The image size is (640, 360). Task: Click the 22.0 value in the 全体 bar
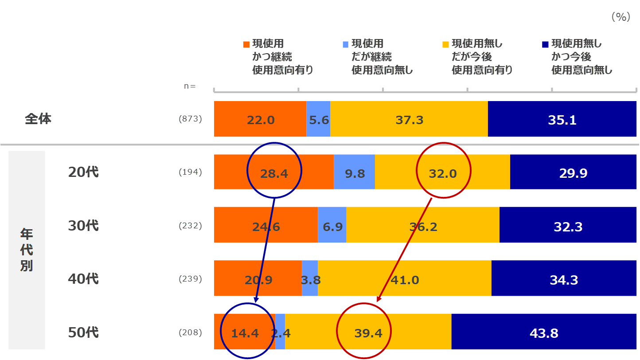coord(261,120)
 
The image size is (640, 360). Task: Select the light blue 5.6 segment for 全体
coord(319,120)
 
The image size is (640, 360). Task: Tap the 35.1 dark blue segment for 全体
coord(562,120)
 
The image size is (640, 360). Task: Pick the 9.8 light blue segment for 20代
coord(355,173)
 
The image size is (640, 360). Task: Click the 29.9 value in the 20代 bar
coord(573,173)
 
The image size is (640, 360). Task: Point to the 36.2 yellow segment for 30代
coord(423,227)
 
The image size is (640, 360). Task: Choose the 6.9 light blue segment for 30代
coord(332,227)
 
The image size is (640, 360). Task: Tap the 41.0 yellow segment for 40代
coord(405,280)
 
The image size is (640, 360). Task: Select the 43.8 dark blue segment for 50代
coord(544,333)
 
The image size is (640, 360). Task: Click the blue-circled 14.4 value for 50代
coord(245,333)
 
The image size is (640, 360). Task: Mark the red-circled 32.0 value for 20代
coord(443,173)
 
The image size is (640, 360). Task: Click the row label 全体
coord(38,119)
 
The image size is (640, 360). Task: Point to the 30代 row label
coord(83,226)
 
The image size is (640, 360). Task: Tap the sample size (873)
coord(190,119)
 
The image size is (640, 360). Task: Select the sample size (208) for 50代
coord(190,332)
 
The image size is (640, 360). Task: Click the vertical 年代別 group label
coord(27,250)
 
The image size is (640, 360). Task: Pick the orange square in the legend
coord(247,44)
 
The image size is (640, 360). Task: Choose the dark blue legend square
coord(546,44)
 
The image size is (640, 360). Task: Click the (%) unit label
coord(620,17)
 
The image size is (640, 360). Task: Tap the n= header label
coord(190,86)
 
